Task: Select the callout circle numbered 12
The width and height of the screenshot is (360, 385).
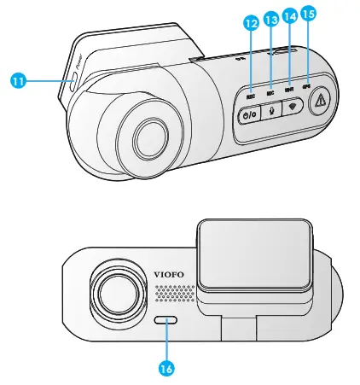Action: pos(251,25)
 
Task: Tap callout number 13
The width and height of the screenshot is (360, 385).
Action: pos(271,18)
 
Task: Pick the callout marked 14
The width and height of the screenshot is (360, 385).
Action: pos(291,15)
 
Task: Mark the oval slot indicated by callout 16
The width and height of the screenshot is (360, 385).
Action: pos(167,320)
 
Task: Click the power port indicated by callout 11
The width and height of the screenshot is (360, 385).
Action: pos(74,81)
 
